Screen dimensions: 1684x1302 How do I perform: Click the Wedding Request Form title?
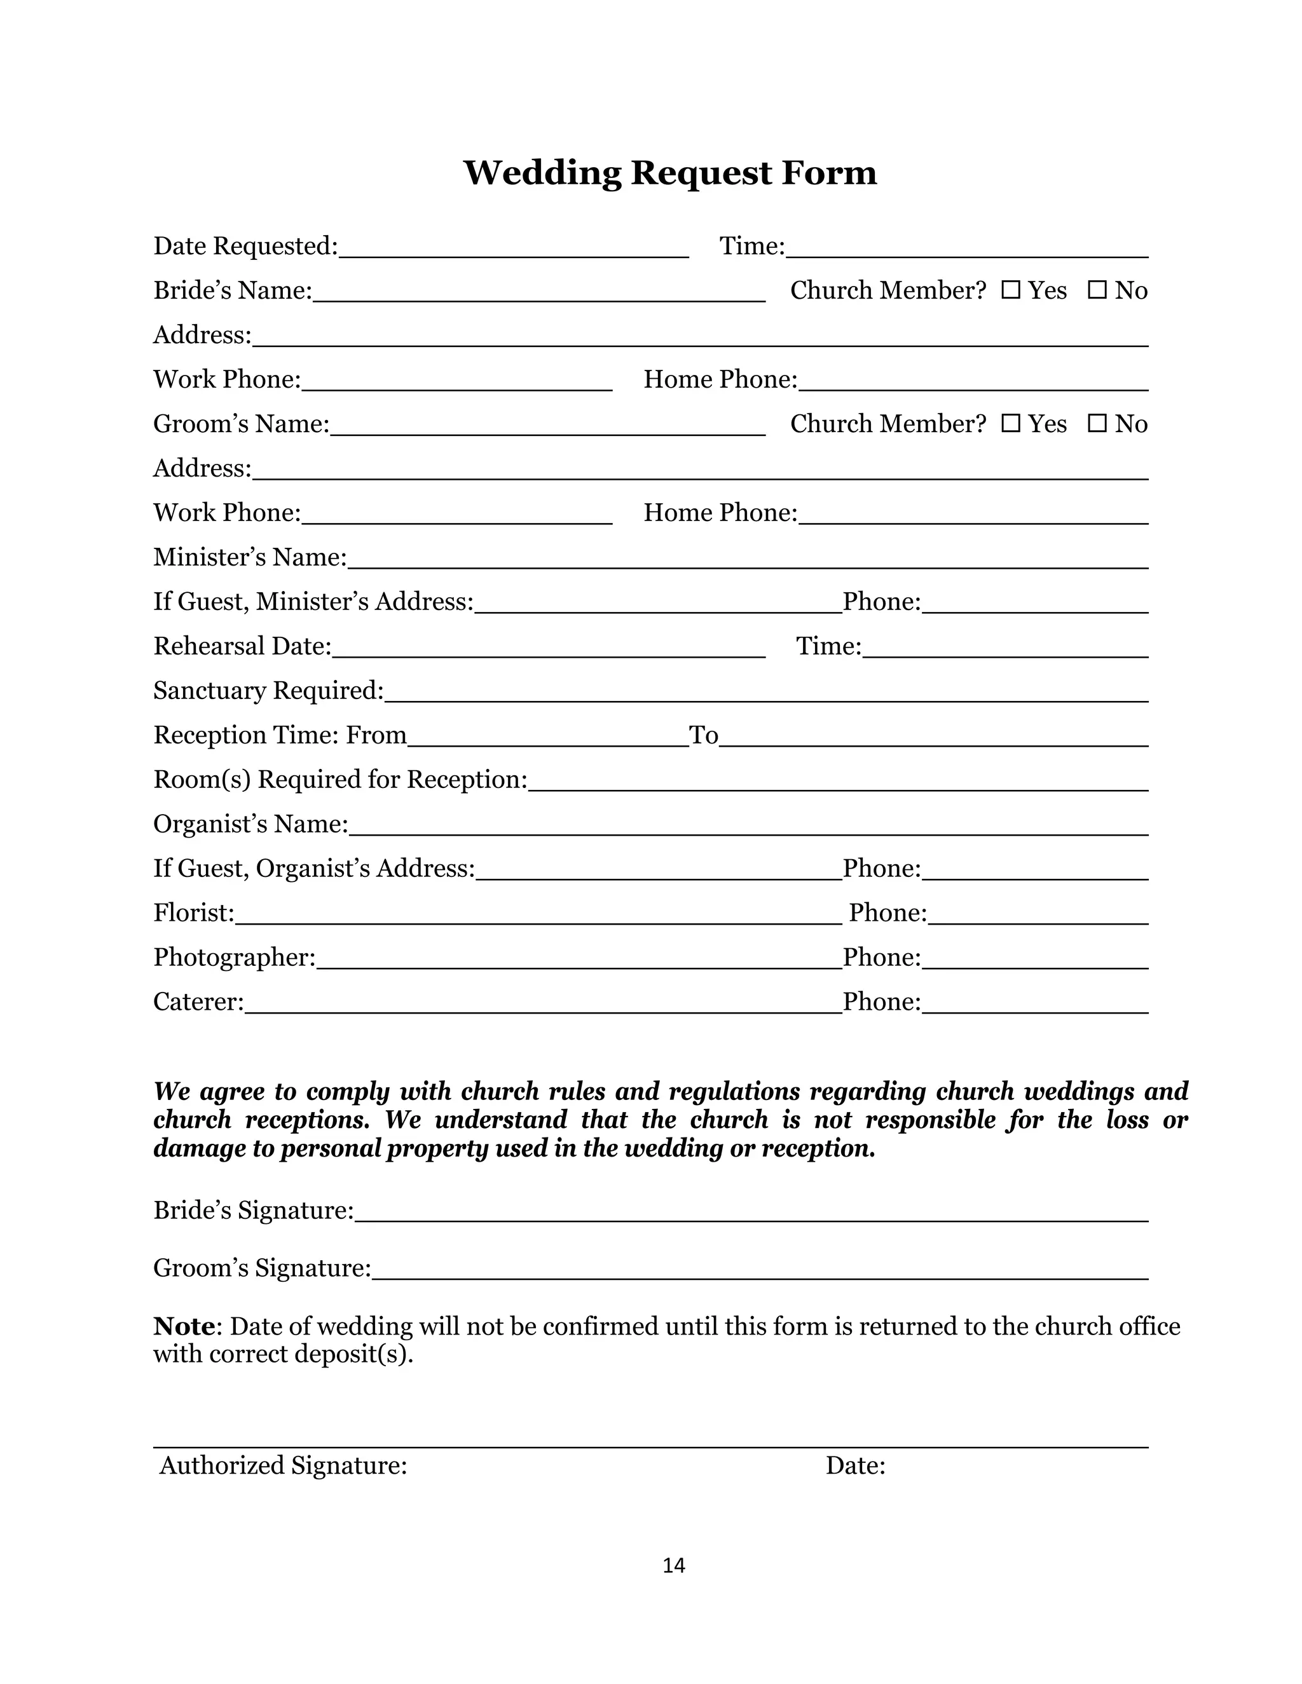669,173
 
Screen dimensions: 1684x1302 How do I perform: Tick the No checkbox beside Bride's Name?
1097,290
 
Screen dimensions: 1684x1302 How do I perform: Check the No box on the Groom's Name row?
1097,423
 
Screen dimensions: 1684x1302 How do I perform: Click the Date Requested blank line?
514,248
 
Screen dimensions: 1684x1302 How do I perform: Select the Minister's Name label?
250,557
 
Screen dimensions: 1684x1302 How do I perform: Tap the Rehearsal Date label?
242,646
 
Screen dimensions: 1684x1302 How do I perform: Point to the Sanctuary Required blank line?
766,693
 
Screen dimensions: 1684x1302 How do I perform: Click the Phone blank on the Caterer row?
1035,1004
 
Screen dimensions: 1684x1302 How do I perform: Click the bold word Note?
184,1326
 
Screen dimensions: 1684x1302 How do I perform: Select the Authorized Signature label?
283,1465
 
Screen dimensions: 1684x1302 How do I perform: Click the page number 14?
673,1565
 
